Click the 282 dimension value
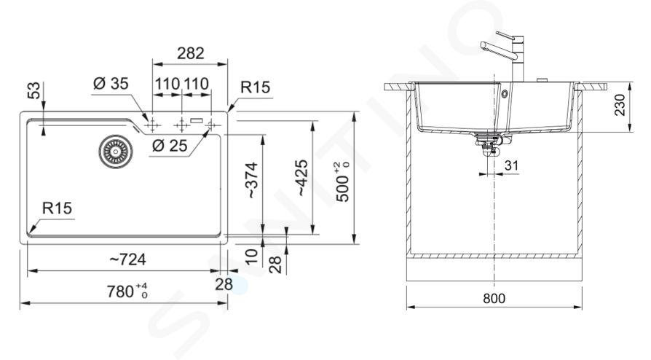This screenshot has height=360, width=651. (191, 53)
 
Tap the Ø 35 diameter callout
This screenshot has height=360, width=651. (111, 84)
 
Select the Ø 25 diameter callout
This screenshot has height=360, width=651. (170, 146)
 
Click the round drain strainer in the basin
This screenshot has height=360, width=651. (116, 152)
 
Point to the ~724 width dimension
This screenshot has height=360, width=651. (128, 260)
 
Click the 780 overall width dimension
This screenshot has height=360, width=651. (127, 291)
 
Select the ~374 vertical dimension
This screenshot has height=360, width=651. (253, 180)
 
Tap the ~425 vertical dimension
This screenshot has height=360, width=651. (302, 178)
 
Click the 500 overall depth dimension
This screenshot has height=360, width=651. (343, 182)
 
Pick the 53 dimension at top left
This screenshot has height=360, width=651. (35, 90)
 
